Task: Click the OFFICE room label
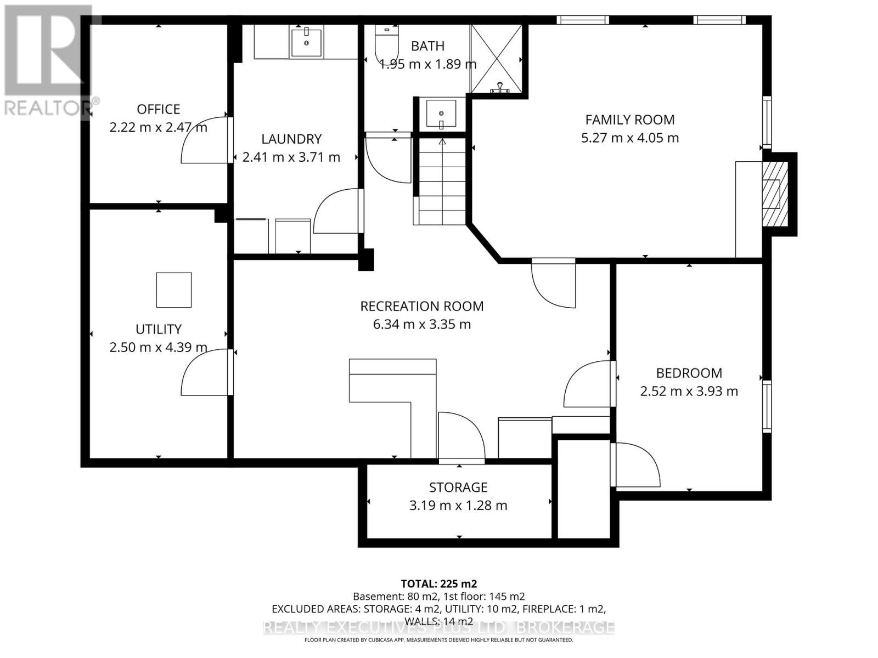(x=158, y=109)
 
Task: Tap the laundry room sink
(x=307, y=42)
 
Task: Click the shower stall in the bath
(x=496, y=58)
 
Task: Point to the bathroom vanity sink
(x=441, y=114)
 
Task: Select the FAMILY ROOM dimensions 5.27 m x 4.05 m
(x=629, y=138)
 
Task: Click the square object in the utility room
(x=174, y=290)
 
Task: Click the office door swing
(x=204, y=140)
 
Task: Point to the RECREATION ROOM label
(x=421, y=306)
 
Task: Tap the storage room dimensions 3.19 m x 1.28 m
(x=458, y=506)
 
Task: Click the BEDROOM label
(x=689, y=373)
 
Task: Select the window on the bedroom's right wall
(x=767, y=406)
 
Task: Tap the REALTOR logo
(x=47, y=60)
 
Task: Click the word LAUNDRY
(x=291, y=139)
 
